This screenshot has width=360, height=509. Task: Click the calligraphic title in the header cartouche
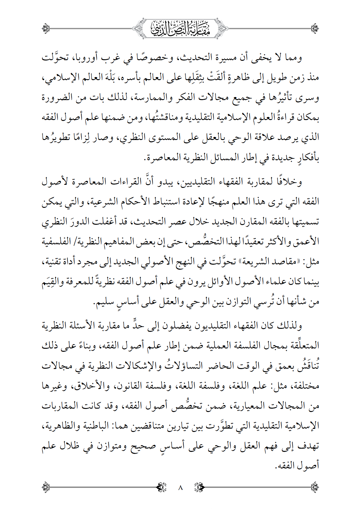pos(180,29)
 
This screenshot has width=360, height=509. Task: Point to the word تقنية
pos(53,262)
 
